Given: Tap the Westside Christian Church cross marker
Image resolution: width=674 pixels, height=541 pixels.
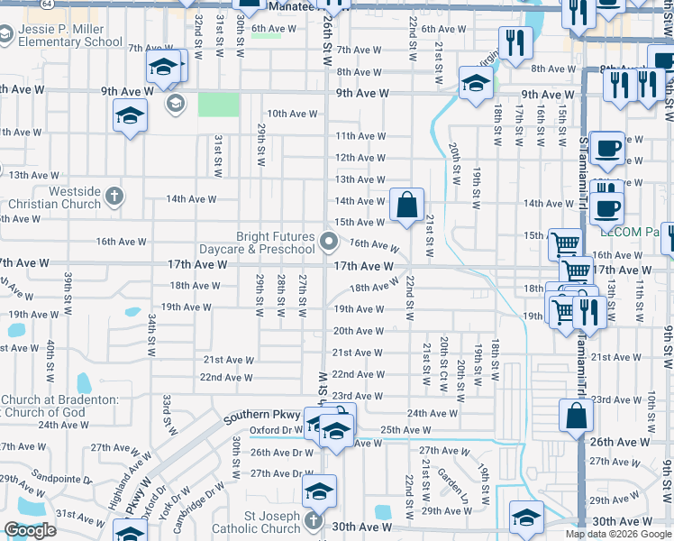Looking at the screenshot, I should pyautogui.click(x=114, y=196).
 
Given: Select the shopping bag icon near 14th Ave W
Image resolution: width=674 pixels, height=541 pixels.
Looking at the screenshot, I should pyautogui.click(x=407, y=205).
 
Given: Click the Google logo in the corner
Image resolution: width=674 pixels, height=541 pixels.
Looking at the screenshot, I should pyautogui.click(x=30, y=530).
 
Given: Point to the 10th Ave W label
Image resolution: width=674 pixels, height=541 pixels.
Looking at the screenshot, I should pyautogui.click(x=292, y=114).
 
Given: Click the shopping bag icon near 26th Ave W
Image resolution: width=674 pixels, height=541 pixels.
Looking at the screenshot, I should pyautogui.click(x=576, y=417).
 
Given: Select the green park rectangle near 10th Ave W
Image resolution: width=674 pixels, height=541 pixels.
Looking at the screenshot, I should pyautogui.click(x=219, y=105).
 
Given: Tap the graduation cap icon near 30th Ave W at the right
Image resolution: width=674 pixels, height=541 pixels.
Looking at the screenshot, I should pyautogui.click(x=526, y=517).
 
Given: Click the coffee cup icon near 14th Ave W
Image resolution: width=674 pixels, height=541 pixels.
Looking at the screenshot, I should pyautogui.click(x=609, y=206).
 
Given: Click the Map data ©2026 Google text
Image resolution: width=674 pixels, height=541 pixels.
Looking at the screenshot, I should pyautogui.click(x=618, y=534).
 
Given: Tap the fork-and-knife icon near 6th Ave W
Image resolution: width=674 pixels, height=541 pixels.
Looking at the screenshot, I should pyautogui.click(x=515, y=42).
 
